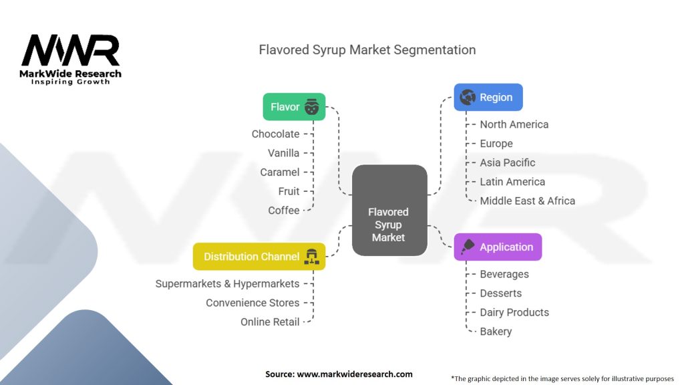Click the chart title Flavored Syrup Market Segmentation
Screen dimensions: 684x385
click(367, 49)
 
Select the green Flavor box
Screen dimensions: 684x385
click(294, 106)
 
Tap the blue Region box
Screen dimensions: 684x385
click(488, 97)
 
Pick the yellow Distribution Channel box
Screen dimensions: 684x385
click(259, 256)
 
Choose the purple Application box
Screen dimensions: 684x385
click(498, 247)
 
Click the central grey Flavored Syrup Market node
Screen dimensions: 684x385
click(389, 211)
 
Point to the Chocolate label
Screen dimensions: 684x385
click(275, 134)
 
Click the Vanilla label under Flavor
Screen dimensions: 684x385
click(283, 153)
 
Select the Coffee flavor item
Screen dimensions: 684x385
click(283, 211)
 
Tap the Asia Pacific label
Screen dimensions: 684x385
click(508, 163)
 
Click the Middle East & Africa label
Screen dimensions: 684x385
click(528, 201)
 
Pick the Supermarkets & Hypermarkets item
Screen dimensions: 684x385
click(227, 283)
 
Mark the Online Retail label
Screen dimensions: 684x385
click(270, 322)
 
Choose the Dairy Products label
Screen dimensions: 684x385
click(514, 313)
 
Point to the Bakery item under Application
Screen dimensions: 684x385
click(496, 332)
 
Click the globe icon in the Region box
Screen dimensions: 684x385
click(467, 97)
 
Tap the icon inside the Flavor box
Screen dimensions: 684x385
click(311, 106)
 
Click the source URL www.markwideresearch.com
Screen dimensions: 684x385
click(355, 374)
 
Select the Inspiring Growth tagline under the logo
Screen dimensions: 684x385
click(71, 82)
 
